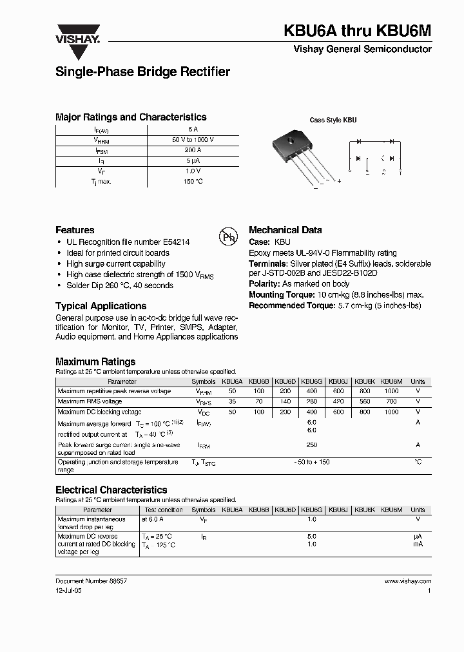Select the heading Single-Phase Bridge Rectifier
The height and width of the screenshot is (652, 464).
pos(142,72)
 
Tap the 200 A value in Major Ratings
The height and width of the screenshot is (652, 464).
pos(193,149)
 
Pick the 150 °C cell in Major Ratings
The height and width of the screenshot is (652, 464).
pos(193,182)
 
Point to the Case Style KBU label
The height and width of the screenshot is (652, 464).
pos(333,120)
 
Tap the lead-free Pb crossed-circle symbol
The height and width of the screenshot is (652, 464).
pos(229,237)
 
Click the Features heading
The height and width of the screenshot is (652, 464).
pos(75,230)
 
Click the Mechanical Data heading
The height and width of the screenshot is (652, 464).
pos(285,230)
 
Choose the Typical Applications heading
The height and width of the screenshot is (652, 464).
pos(101,306)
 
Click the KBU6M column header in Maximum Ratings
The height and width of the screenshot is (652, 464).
pos(391,381)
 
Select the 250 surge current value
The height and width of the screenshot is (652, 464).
pos(312,445)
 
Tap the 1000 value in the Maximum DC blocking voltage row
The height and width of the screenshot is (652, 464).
pos(391,412)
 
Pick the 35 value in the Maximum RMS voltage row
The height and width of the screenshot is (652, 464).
pos(232,401)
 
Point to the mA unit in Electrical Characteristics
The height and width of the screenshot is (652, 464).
pos(418,544)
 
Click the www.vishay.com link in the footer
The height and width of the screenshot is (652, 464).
pos(408,580)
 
